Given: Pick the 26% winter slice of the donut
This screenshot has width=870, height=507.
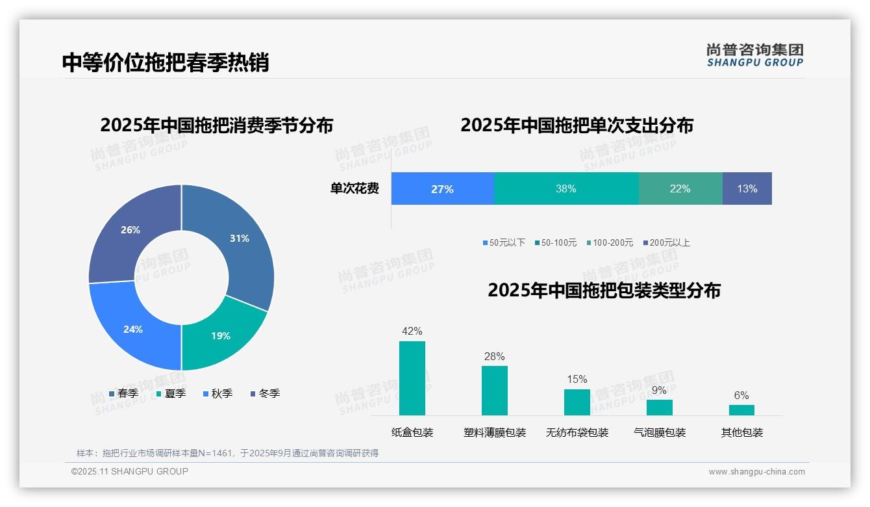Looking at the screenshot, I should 130,230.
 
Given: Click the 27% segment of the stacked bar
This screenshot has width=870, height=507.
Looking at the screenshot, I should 442,189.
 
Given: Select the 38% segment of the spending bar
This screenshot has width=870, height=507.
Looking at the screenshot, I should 565,189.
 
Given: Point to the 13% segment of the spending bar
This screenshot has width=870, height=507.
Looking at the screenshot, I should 747,189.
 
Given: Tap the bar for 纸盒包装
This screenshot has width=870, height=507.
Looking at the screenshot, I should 412,378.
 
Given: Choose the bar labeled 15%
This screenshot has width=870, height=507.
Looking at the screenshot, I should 577,402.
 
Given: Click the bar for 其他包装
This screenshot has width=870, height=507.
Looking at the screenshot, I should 741,410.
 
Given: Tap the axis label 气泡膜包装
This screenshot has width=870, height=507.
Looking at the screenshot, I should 659,433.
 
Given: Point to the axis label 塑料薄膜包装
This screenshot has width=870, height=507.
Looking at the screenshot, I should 494,433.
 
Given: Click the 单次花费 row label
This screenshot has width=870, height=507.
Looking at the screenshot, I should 354,189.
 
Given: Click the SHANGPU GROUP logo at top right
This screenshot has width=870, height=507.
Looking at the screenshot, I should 754,55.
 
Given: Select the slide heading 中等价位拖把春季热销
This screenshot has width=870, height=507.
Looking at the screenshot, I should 166,62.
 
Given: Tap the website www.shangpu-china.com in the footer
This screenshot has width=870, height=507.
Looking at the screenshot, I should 756,472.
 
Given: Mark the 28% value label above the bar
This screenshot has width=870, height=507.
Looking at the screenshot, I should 494,357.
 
